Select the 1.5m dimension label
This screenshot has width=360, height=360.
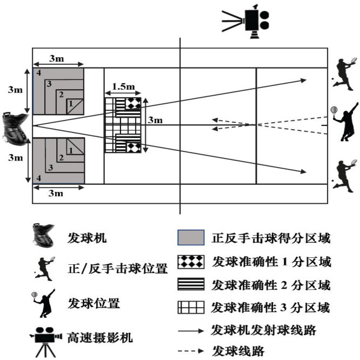pos(123,86)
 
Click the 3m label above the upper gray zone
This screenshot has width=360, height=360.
pos(58,57)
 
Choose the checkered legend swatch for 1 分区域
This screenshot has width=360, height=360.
pos(191,261)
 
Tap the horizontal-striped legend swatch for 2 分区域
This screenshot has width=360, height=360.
pos(191,284)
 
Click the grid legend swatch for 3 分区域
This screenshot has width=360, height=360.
pos(191,308)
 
